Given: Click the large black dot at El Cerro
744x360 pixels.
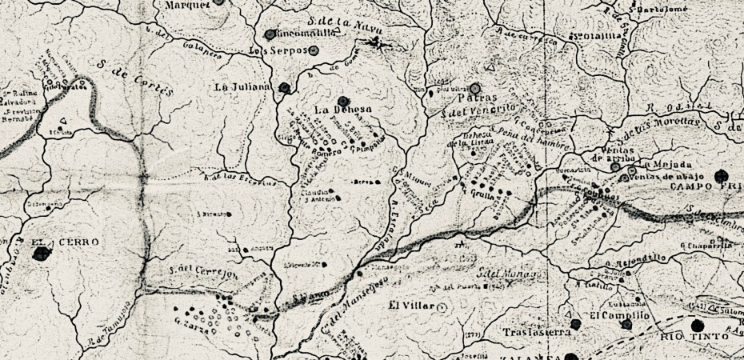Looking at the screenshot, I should [41, 254].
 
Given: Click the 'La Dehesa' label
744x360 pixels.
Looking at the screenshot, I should [335, 110].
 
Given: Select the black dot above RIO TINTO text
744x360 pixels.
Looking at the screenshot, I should [696, 324].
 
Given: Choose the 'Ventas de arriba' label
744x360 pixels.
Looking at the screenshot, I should [612, 155].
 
